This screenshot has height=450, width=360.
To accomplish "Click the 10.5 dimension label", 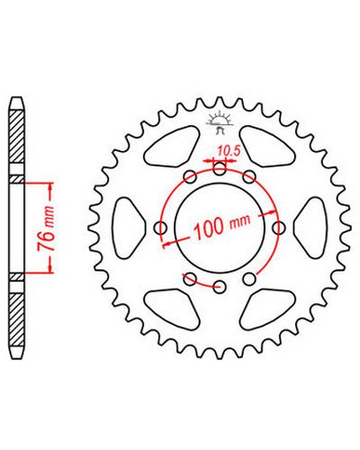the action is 229,152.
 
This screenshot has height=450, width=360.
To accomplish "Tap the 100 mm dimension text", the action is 222,226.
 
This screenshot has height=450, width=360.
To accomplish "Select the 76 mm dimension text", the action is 46,229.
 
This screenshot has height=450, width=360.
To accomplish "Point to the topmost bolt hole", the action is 220,168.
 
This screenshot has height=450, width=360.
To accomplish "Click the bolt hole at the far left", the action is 161,228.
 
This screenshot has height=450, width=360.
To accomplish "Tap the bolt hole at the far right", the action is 279,228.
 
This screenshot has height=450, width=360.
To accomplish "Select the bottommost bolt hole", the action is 220,287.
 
